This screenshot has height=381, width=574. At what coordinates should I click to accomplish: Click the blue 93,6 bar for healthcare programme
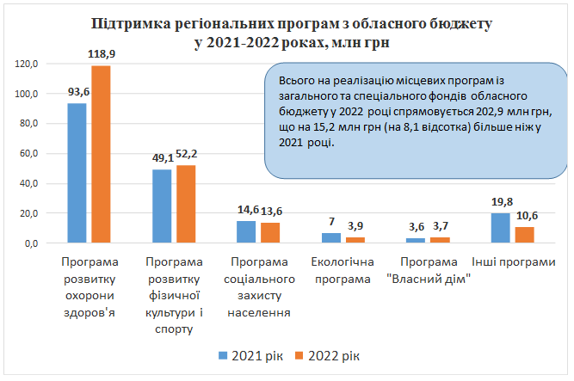click(77, 173)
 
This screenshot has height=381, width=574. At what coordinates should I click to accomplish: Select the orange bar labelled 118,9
click(101, 154)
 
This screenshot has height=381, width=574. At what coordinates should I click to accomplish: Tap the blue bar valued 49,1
click(162, 206)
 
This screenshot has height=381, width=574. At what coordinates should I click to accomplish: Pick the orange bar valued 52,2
click(186, 204)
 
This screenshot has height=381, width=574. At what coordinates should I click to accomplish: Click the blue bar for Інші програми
click(500, 228)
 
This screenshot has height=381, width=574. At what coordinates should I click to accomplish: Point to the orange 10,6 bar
click(524, 235)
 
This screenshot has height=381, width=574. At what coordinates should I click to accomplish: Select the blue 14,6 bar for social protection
click(246, 232)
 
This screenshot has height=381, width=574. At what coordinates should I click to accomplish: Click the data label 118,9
click(102, 54)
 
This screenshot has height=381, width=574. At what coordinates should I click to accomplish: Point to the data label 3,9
click(355, 226)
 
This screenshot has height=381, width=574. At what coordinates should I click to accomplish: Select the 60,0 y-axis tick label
click(30, 153)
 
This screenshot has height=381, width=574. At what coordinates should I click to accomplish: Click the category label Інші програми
click(512, 260)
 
